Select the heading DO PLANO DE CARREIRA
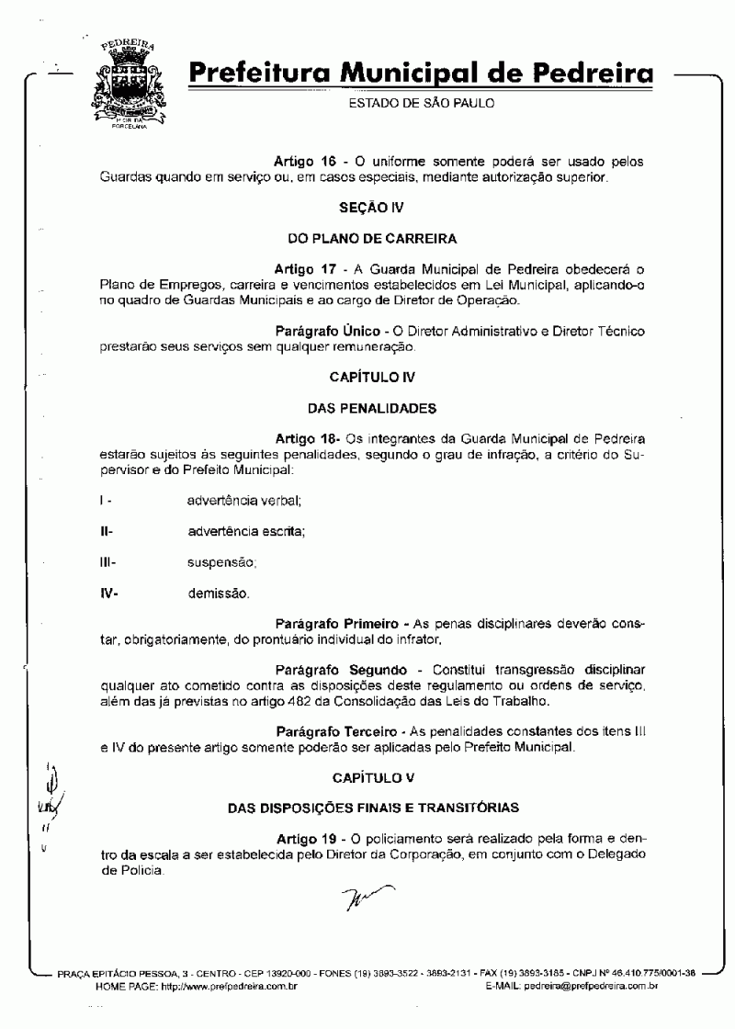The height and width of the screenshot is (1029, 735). [372, 239]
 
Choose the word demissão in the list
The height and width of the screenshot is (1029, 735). [218, 593]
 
